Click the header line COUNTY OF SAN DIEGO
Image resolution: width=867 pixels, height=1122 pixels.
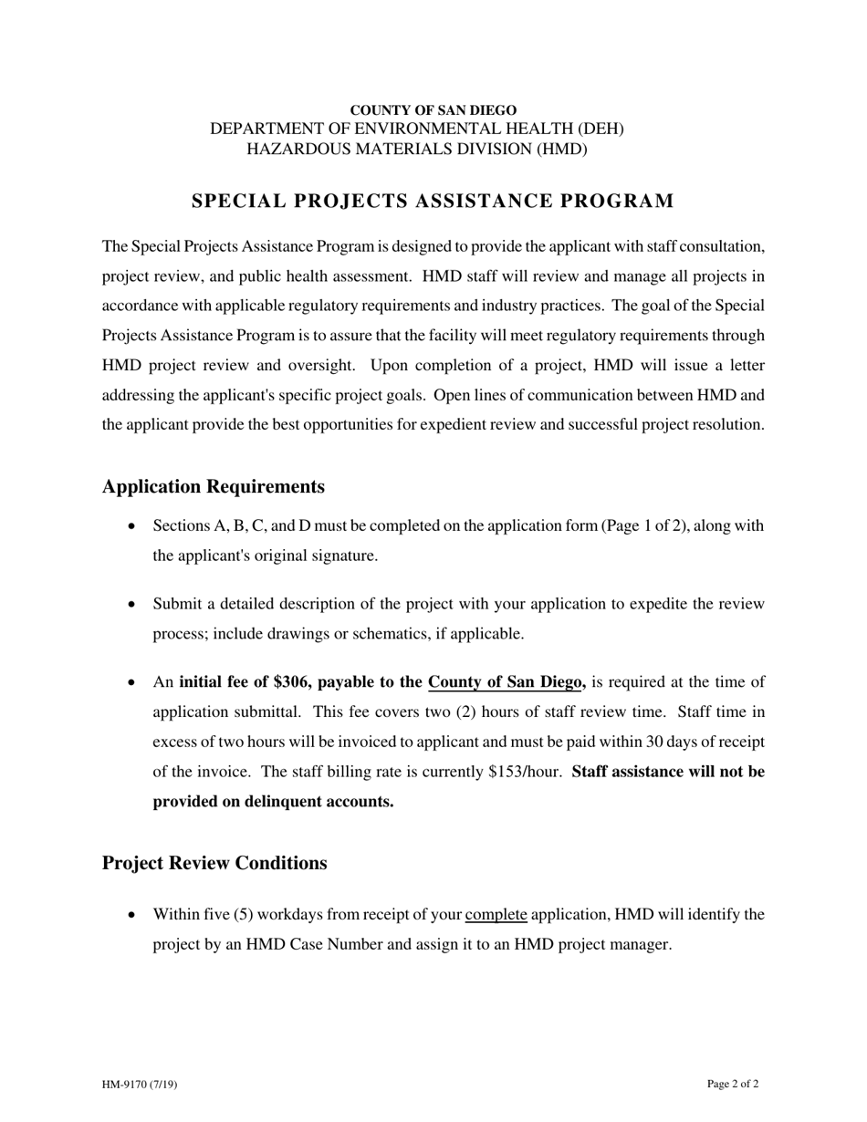click(x=433, y=110)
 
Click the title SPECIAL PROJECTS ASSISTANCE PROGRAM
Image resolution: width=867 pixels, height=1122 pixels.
click(x=433, y=201)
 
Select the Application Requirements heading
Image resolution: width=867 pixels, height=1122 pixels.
click(x=213, y=486)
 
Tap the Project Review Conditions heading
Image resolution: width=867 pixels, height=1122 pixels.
click(x=214, y=863)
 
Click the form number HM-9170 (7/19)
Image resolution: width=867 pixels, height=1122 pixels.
click(x=140, y=1085)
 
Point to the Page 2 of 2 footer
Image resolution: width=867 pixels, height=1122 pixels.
click(x=732, y=1084)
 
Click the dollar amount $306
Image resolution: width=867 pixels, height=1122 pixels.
click(x=292, y=682)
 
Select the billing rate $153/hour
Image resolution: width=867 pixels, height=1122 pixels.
click(x=524, y=772)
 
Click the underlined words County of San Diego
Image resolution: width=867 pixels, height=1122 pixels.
click(x=506, y=682)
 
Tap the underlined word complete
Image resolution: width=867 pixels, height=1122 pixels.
click(x=496, y=915)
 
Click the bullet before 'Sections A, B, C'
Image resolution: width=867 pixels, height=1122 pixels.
click(x=132, y=526)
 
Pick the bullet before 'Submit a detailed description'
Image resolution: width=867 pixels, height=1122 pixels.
click(x=132, y=605)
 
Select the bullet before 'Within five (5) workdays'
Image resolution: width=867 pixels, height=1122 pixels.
click(x=132, y=915)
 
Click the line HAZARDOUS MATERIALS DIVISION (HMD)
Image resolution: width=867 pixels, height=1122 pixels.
click(x=417, y=149)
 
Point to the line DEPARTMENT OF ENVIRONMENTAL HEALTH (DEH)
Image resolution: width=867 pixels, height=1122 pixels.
click(x=417, y=130)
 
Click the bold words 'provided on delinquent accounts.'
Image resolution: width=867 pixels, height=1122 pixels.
click(x=273, y=802)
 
